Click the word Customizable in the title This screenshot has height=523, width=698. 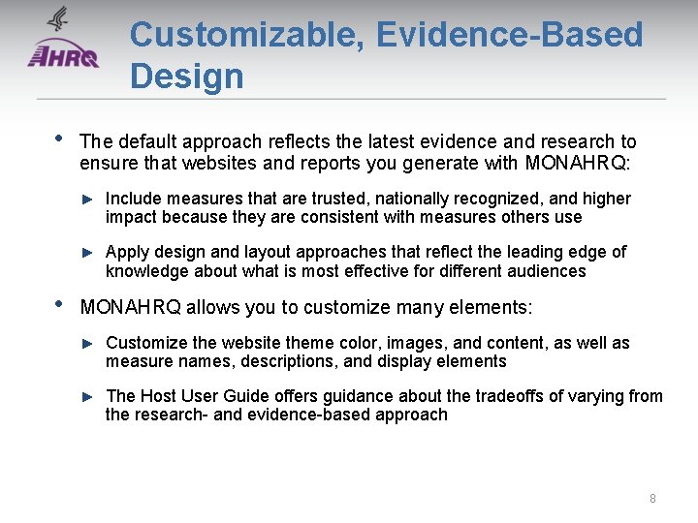(x=246, y=35)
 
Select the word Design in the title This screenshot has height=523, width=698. (x=187, y=76)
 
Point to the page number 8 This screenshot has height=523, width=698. (x=652, y=498)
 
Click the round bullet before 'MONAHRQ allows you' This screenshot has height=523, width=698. (x=57, y=303)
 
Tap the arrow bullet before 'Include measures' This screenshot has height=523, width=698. (x=87, y=200)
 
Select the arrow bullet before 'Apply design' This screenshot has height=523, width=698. (x=87, y=253)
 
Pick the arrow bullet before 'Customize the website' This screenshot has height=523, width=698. (x=87, y=344)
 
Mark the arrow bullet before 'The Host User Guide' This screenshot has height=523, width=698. (x=87, y=396)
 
